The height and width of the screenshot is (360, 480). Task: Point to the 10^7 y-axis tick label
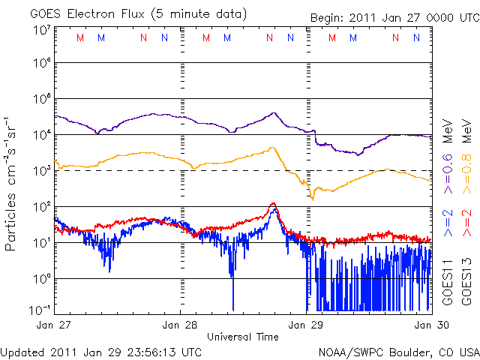click(x=41, y=29)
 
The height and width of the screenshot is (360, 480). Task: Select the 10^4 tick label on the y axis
click(x=41, y=134)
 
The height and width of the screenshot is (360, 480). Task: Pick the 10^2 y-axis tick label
click(x=41, y=206)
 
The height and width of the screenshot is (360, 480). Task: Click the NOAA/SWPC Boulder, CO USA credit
click(x=397, y=351)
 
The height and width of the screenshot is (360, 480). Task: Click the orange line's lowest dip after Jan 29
click(x=312, y=198)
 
